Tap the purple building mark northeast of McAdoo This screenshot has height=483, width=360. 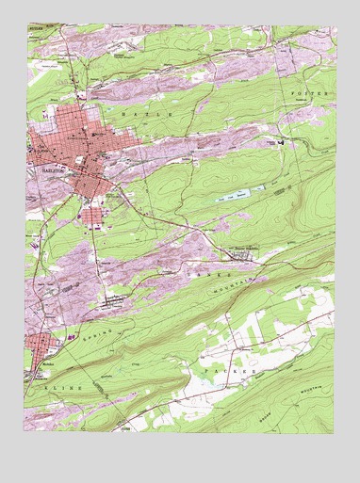(x=70, y=331)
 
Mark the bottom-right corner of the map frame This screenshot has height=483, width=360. (x=334, y=434)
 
